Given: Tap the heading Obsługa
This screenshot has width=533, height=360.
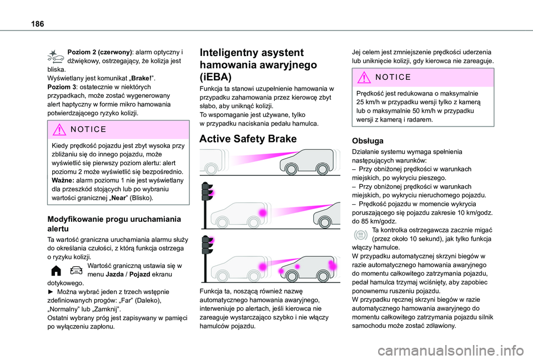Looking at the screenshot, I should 368,141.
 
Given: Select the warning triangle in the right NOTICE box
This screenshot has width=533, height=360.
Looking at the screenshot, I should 363,77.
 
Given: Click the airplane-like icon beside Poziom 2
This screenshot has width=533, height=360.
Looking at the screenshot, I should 56,55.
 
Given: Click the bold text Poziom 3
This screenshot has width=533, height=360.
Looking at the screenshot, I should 63,87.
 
